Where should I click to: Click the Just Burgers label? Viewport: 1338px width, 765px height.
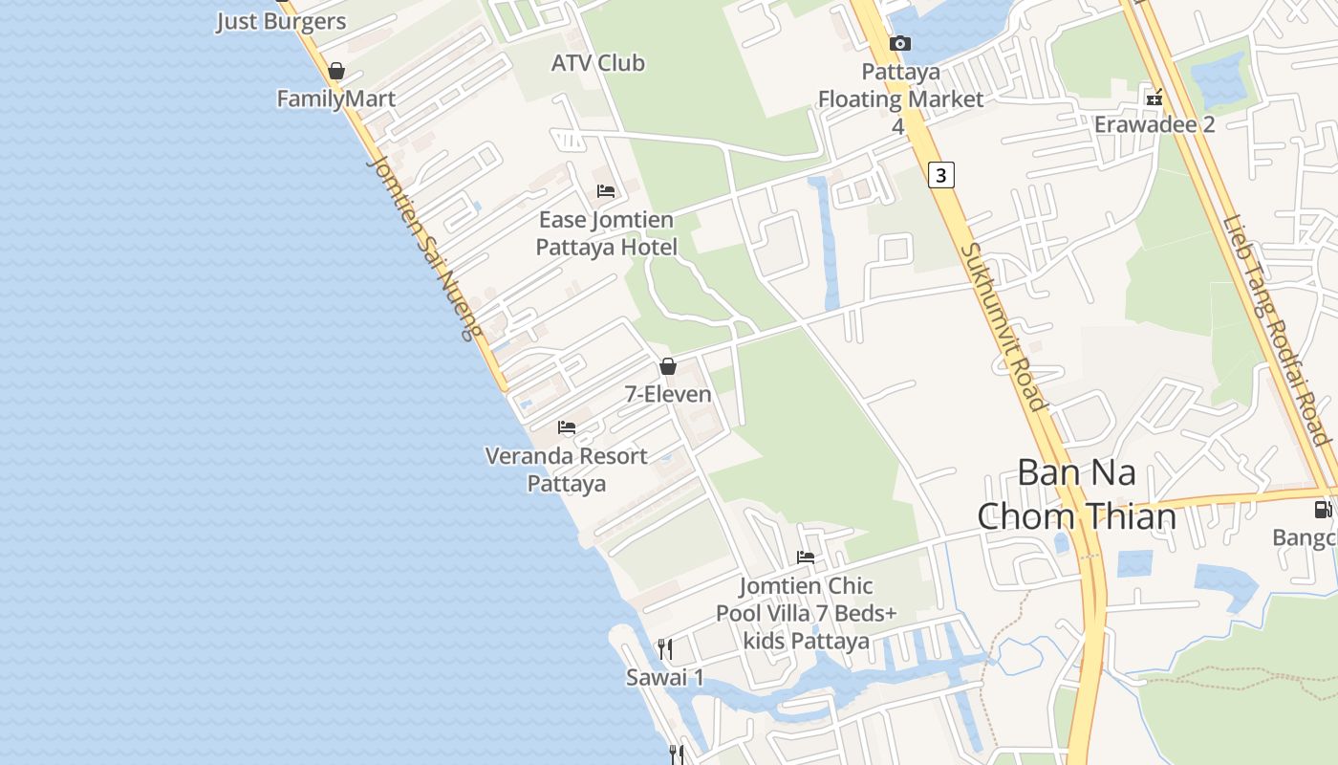(x=281, y=21)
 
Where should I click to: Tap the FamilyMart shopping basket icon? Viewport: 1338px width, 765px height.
(x=335, y=71)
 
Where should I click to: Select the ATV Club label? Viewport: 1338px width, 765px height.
(x=598, y=63)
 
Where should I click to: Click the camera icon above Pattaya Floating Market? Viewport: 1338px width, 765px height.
(x=899, y=43)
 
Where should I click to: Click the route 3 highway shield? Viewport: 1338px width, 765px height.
(x=941, y=175)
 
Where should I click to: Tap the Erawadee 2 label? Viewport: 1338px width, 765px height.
(x=1155, y=124)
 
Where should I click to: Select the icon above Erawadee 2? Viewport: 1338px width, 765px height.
(x=1155, y=98)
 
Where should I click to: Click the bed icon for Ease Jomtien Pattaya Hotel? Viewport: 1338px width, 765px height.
(x=606, y=191)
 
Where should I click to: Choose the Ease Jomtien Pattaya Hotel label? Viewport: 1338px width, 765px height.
(x=606, y=233)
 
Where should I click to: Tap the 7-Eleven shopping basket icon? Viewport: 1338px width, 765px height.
(x=668, y=366)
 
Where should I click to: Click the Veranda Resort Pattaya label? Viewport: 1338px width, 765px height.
(x=567, y=469)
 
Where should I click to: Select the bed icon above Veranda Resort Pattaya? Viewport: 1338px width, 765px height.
(x=567, y=426)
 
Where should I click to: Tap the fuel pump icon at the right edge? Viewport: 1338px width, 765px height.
(x=1323, y=509)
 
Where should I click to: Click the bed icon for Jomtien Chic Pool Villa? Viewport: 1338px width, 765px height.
(x=806, y=557)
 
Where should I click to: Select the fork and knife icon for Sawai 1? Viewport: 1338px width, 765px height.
(x=665, y=649)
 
